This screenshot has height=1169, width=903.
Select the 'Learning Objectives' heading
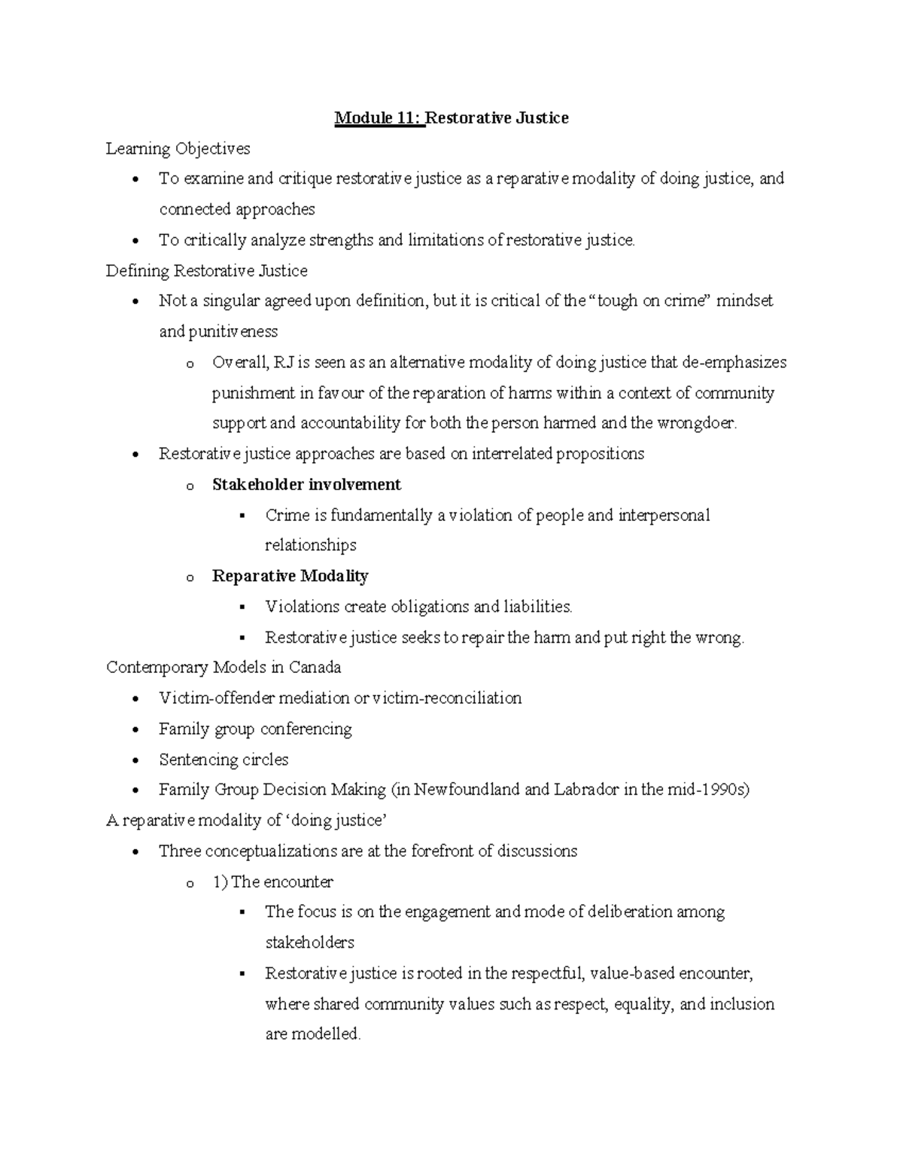tap(178, 149)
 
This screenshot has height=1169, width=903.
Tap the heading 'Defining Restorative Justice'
tap(206, 271)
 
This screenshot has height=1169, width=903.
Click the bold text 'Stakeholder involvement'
tap(306, 485)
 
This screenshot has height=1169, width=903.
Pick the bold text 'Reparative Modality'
tap(290, 577)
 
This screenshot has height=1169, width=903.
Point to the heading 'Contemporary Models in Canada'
tap(223, 668)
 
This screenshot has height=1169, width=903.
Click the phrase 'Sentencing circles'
tap(223, 760)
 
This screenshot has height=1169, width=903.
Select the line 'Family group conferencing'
tap(255, 729)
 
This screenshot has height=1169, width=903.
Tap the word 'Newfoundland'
tap(467, 790)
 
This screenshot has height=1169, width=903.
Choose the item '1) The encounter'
tap(272, 882)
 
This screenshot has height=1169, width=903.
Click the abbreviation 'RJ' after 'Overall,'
tap(284, 363)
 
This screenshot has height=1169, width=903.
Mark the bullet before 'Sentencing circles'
tap(135, 761)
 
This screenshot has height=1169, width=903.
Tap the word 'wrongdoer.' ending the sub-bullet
tap(697, 424)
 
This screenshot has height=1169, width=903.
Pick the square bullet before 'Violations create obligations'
tap(242, 607)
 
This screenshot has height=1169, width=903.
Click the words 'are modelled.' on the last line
tap(313, 1035)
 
